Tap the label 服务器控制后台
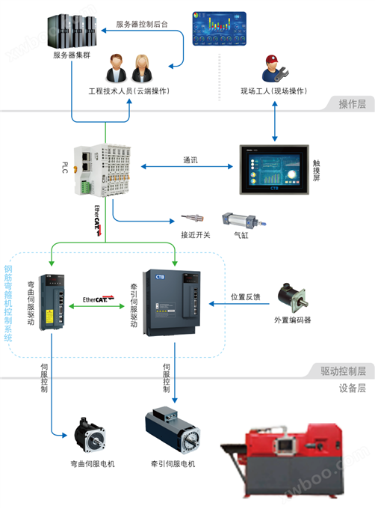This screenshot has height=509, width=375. point(142,25)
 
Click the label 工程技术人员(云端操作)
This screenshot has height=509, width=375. point(129,91)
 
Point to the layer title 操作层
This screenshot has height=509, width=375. point(352,104)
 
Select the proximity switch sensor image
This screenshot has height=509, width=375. point(195,219)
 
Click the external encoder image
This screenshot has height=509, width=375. point(288,297)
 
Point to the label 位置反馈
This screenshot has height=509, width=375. point(246,296)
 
